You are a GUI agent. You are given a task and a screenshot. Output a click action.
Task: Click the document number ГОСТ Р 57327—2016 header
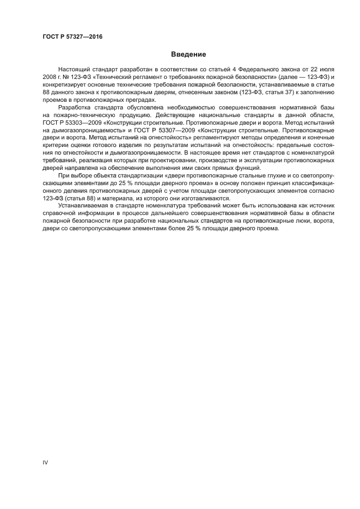pos(72,38)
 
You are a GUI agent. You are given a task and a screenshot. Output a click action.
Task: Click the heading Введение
pos(188,54)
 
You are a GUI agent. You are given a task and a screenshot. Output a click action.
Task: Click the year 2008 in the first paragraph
pos(50,78)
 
